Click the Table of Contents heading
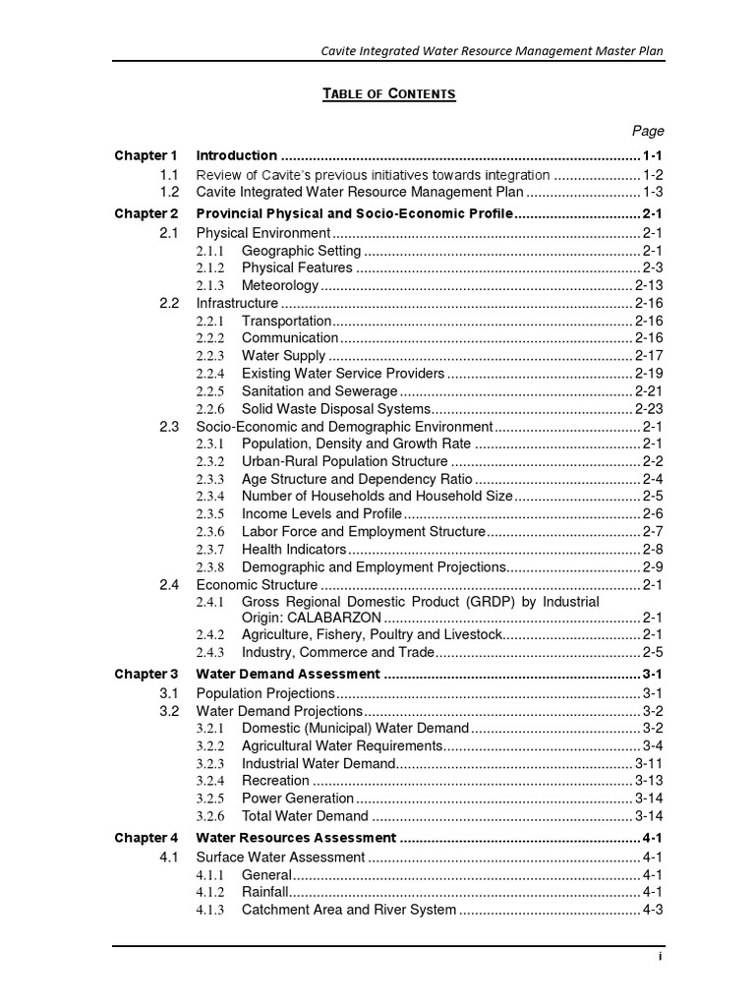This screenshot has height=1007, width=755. coord(390,93)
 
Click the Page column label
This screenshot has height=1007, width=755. coord(648,131)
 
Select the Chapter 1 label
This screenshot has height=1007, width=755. coord(146,155)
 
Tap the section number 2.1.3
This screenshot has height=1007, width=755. coord(210,285)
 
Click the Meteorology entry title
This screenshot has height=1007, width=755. coord(280,285)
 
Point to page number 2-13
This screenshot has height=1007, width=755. coord(649,285)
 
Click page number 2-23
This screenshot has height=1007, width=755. coord(649,409)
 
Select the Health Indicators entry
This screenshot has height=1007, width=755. coord(294,549)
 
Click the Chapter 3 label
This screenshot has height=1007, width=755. coord(146,675)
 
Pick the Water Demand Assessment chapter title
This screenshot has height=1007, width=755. coord(288,675)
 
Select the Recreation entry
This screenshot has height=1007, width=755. coord(275,781)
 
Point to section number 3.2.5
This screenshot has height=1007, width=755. coord(210,799)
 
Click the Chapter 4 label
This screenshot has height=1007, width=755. coord(146,839)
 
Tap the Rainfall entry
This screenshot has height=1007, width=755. coord(265,892)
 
